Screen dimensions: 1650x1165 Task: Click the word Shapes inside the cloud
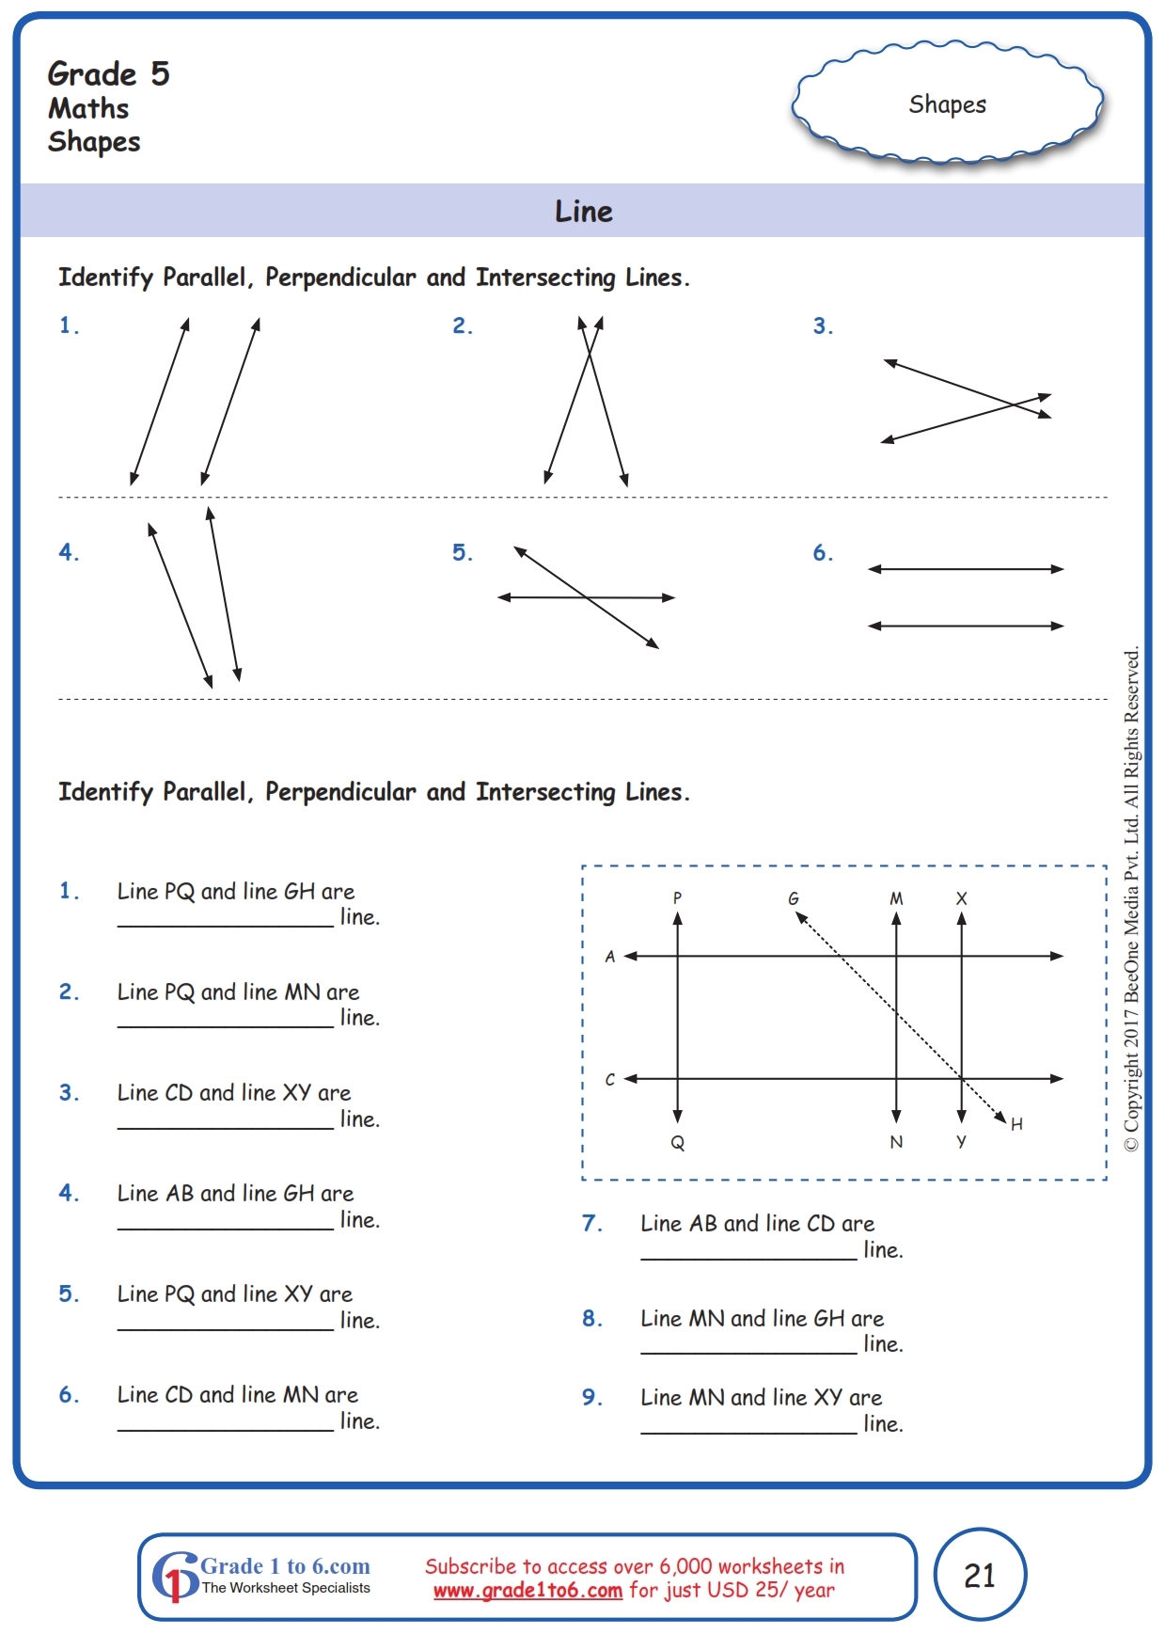(947, 104)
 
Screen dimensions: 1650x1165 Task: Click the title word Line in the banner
(583, 212)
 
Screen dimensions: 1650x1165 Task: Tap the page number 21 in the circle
(979, 1575)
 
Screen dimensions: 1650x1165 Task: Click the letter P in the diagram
(677, 897)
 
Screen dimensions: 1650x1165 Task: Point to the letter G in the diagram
(794, 898)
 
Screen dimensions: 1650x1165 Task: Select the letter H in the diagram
(1016, 1124)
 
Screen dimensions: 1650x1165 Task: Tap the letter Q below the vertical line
(677, 1143)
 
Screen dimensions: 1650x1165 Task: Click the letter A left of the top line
(610, 957)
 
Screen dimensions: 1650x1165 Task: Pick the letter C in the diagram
(610, 1079)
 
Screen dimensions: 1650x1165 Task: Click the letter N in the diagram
(896, 1142)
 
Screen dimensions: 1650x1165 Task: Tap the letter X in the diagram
(961, 898)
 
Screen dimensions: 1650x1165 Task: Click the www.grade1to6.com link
(527, 1591)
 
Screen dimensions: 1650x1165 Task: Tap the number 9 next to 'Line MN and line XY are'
(591, 1397)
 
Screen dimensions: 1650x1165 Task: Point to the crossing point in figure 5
(587, 597)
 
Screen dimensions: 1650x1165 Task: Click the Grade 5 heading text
(109, 74)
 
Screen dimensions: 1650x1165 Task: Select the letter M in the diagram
(896, 898)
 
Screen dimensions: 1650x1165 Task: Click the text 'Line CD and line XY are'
(234, 1092)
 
